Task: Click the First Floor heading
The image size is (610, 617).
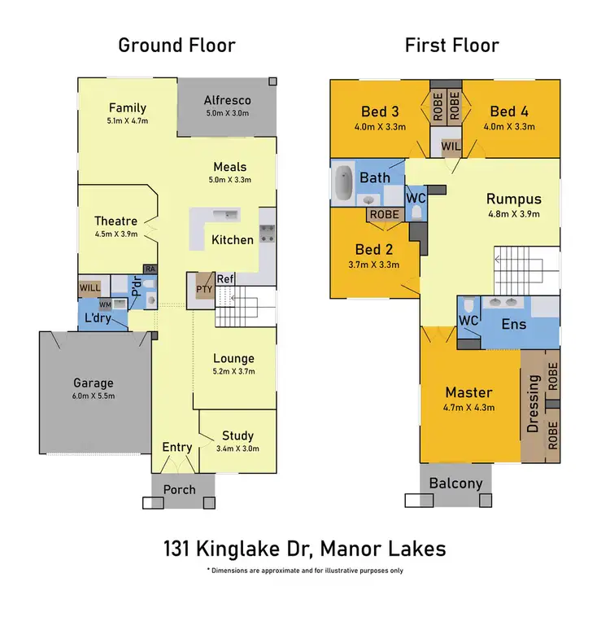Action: click(x=452, y=45)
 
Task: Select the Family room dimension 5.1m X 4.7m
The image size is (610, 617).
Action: click(x=128, y=121)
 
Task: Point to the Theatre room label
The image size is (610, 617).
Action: click(x=115, y=221)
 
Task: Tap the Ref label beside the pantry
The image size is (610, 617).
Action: click(x=225, y=279)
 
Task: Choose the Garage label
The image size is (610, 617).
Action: click(x=94, y=383)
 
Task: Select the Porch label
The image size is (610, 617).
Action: click(x=180, y=489)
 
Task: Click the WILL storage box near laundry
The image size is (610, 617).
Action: click(x=89, y=287)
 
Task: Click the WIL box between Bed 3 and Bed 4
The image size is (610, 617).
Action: click(x=451, y=147)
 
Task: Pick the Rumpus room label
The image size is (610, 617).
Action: click(x=513, y=199)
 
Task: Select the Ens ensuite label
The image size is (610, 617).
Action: click(x=514, y=324)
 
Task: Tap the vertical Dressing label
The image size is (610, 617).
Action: click(x=534, y=403)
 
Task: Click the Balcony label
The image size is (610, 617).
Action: click(x=456, y=483)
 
